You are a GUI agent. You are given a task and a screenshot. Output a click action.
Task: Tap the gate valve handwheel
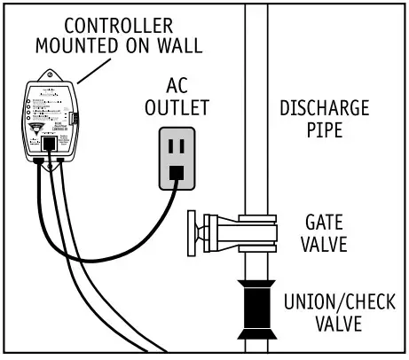click(x=192, y=233)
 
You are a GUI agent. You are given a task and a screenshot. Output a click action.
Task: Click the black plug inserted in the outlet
click(x=177, y=172)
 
